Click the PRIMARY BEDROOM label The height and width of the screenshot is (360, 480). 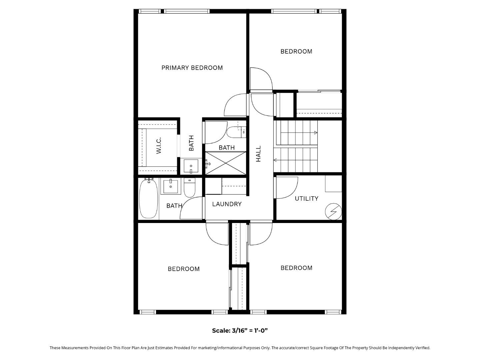tap(192, 68)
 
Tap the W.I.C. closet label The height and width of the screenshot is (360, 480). tap(159, 145)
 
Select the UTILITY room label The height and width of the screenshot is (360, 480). tap(306, 198)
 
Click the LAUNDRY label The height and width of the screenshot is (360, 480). tap(227, 204)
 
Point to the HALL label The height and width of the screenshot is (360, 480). tap(258, 154)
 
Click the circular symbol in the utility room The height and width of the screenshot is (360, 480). tap(333, 211)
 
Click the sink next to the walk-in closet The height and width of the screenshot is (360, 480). tap(191, 166)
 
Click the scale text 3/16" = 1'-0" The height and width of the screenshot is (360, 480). tap(240, 331)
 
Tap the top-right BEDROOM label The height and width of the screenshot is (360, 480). tap(296, 51)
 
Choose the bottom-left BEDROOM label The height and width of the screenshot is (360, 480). tap(184, 269)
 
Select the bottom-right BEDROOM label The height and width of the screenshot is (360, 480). tap(296, 268)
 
